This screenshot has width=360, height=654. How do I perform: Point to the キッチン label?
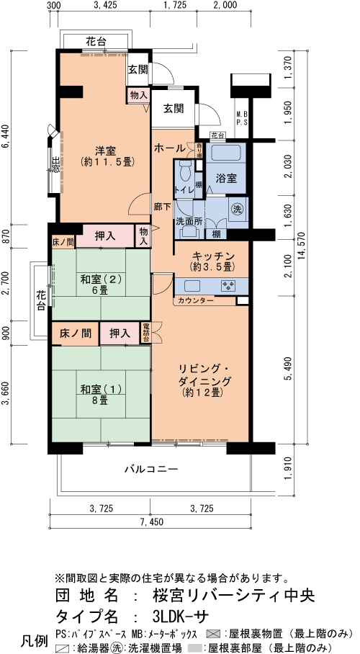point(212,256)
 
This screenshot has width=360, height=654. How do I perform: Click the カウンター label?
point(194,300)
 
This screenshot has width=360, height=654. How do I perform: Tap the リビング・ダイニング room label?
point(204,380)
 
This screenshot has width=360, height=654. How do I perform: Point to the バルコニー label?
point(151,469)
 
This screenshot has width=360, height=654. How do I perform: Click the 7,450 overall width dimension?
point(152,521)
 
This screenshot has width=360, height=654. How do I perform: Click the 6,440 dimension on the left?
point(6,137)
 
